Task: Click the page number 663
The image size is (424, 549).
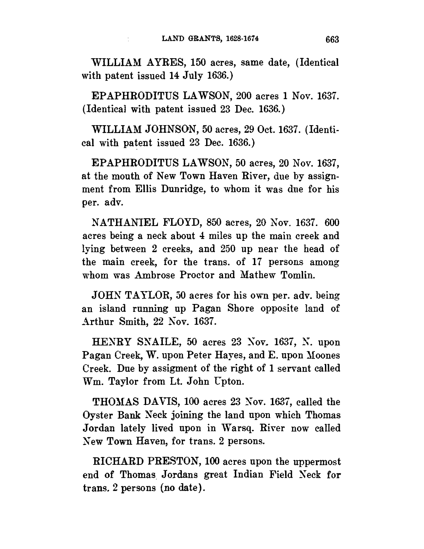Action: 332,40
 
